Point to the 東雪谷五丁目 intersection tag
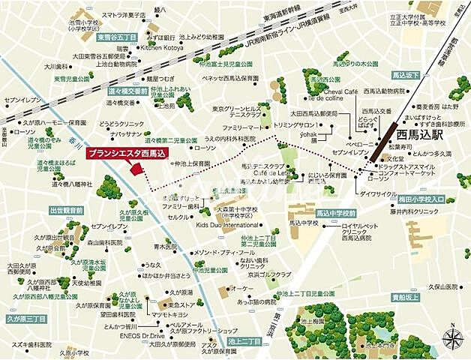[x=117, y=36]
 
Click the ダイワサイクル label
[x=378, y=194]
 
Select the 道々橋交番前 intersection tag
[x=127, y=90]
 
